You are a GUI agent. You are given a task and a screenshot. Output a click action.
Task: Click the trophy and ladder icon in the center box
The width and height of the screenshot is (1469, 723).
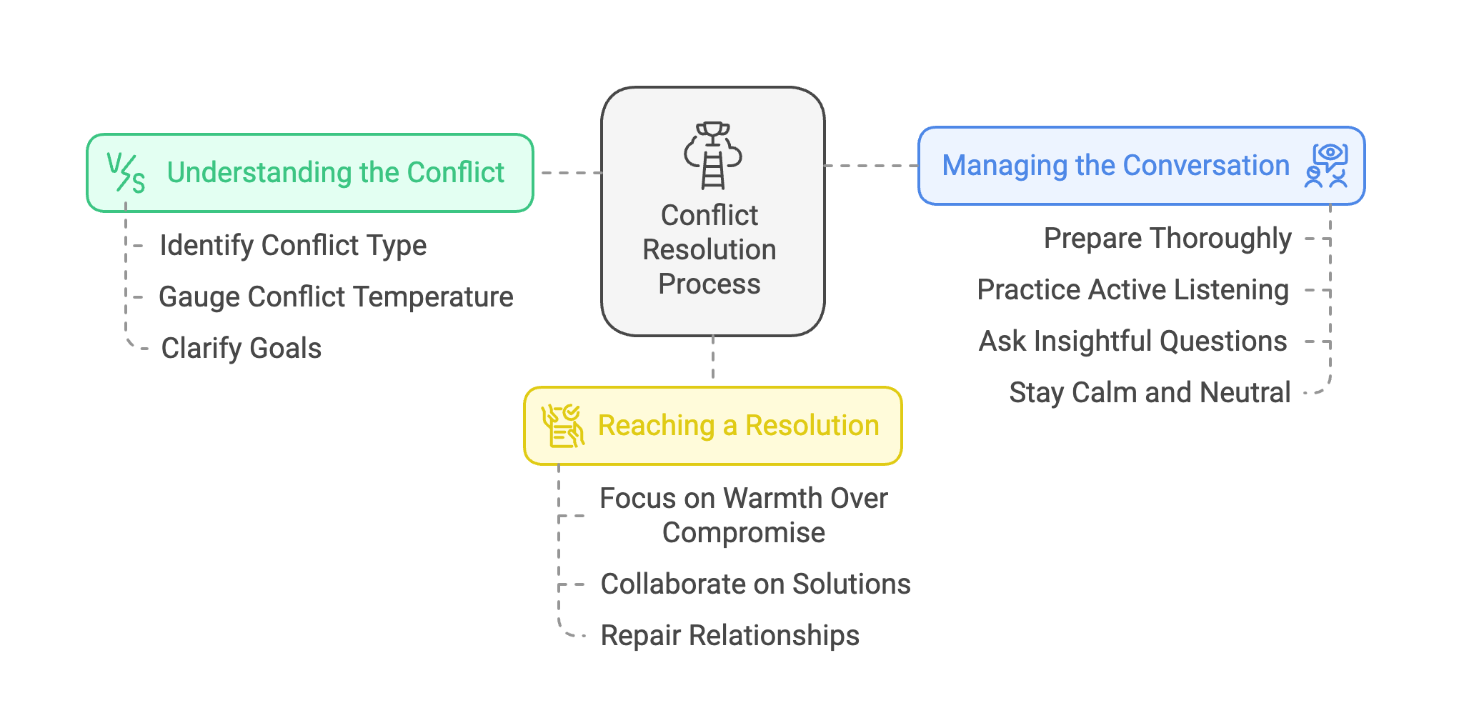tap(712, 155)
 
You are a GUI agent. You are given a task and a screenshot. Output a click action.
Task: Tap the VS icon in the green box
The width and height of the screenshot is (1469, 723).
tap(126, 173)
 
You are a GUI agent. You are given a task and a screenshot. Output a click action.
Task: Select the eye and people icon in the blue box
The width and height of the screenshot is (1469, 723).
tap(1327, 166)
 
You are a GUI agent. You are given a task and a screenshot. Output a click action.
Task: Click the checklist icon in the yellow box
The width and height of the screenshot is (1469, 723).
tap(562, 426)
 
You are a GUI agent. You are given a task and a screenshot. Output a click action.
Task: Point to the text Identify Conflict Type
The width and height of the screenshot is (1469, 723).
tap(293, 246)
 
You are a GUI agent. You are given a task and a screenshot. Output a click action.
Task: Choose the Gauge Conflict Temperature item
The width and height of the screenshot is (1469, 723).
tap(336, 297)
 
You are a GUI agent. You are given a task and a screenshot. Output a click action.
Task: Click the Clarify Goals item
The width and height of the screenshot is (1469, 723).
tap(241, 349)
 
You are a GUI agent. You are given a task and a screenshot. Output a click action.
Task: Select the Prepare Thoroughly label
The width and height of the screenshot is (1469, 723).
tap(1167, 239)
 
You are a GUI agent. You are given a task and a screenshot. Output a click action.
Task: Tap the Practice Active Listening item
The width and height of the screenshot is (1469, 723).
tap(1132, 290)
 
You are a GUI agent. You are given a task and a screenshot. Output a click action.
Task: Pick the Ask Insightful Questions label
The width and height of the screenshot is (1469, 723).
tap(1132, 341)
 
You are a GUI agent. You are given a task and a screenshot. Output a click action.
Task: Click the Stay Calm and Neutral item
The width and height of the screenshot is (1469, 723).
tap(1150, 393)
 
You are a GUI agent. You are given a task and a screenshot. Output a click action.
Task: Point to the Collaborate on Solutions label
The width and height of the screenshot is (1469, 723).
tap(755, 584)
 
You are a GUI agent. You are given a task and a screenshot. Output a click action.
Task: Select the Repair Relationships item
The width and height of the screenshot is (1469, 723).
tap(729, 636)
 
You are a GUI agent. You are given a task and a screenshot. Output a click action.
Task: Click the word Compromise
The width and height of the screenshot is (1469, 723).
tap(743, 533)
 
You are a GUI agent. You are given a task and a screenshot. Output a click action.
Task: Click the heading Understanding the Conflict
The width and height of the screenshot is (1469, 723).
tap(335, 173)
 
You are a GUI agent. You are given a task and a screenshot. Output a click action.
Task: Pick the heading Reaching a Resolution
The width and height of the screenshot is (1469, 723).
tap(738, 426)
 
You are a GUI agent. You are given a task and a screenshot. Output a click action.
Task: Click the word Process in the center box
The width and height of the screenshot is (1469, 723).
tap(709, 284)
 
